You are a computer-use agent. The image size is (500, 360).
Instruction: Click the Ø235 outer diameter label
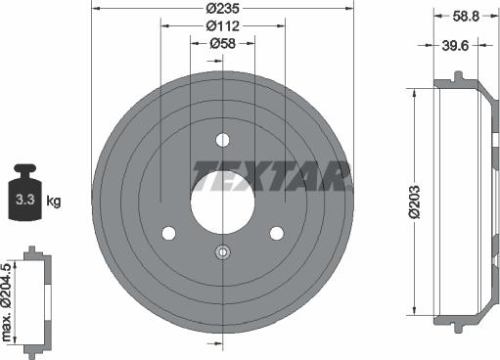[x=222, y=8]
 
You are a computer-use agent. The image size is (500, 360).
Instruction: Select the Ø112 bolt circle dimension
[x=222, y=25]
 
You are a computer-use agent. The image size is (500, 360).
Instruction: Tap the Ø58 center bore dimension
[x=222, y=43]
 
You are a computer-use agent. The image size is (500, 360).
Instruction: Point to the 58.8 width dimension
[x=466, y=15]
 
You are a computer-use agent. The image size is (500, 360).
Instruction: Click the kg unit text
[x=54, y=202]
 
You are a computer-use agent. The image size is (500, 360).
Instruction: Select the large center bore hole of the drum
[x=222, y=188]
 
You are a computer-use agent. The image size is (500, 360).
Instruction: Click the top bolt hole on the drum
[x=222, y=138]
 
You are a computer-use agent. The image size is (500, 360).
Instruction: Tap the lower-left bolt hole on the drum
[x=168, y=233]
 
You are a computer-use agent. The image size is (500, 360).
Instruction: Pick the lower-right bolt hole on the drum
[x=276, y=233]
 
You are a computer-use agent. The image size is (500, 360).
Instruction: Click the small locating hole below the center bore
[x=222, y=252]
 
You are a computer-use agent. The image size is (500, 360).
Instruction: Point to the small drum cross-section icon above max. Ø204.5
[x=35, y=298]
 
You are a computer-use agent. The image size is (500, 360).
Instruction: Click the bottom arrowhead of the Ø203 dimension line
[x=418, y=312]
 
